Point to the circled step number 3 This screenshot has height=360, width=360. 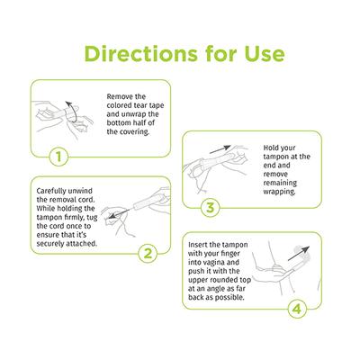click(209, 207)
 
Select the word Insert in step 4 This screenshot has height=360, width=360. click(204, 243)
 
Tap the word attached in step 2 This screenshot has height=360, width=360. click(96, 244)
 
